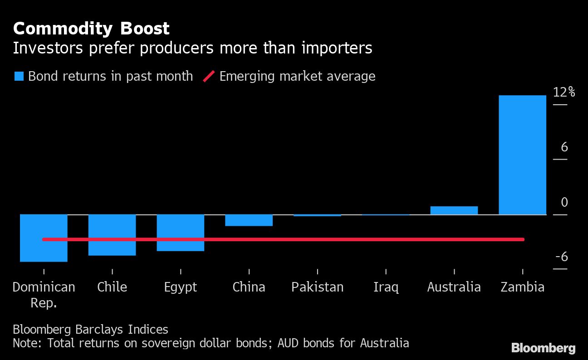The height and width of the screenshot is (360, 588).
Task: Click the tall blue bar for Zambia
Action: [x=522, y=154]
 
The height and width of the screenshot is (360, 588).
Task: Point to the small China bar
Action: [x=249, y=220]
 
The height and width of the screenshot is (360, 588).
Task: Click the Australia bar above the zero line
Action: [x=454, y=210]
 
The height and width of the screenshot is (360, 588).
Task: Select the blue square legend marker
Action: [x=19, y=76]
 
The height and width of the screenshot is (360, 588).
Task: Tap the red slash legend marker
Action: [x=209, y=76]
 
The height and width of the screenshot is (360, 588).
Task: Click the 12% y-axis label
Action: [x=564, y=92]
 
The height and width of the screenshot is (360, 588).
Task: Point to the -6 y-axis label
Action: [x=562, y=257]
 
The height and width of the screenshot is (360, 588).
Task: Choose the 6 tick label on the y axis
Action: [x=564, y=147]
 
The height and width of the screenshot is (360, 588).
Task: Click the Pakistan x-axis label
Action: [x=317, y=287]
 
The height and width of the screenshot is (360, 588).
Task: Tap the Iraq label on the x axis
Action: [x=386, y=287]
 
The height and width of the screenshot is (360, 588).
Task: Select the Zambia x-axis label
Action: [x=522, y=287]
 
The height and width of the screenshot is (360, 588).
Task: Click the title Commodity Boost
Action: [x=91, y=29]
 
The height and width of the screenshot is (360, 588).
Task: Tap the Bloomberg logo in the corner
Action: [x=543, y=348]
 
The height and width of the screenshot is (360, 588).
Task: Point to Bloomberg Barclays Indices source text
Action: [x=90, y=329]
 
